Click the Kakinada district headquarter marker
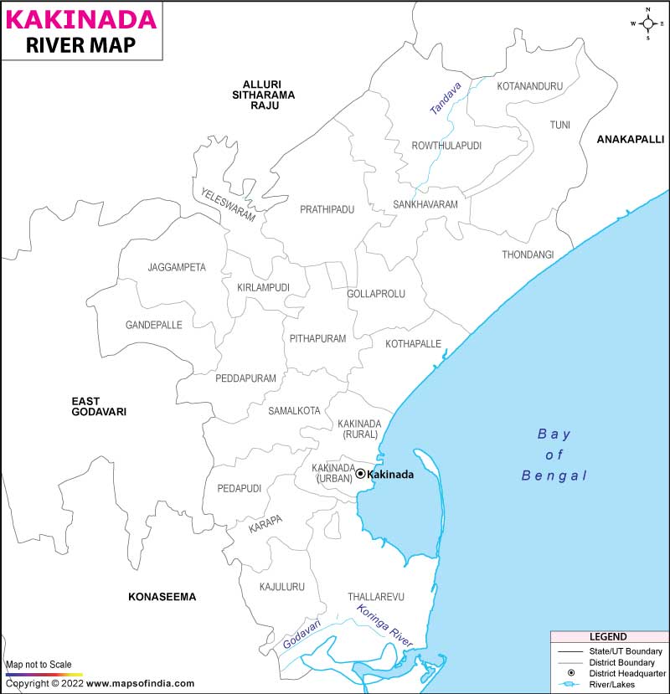(x=360, y=474)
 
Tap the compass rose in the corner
(x=647, y=23)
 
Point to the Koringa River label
(x=384, y=625)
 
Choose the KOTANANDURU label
(x=529, y=86)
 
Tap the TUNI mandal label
(x=559, y=125)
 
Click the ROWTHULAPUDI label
(x=446, y=146)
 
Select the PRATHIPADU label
(x=327, y=208)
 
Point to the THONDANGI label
(x=528, y=254)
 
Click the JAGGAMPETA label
(x=177, y=267)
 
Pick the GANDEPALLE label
(x=153, y=325)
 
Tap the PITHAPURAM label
(x=317, y=338)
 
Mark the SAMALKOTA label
(x=294, y=410)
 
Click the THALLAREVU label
(x=376, y=597)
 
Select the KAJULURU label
(x=281, y=587)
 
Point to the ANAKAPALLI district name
(x=630, y=139)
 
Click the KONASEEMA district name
(x=162, y=597)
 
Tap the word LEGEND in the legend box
(x=608, y=637)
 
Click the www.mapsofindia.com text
(x=141, y=683)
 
